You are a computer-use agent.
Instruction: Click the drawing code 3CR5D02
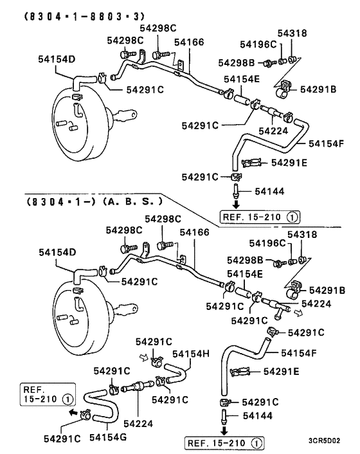[324, 441]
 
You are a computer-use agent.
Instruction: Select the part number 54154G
[107, 437]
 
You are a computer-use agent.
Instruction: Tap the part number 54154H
[191, 354]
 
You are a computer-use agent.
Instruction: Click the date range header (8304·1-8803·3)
[84, 16]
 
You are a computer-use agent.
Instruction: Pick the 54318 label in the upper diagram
[292, 33]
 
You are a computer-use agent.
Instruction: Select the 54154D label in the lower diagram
[57, 252]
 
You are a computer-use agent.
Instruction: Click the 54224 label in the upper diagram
[273, 131]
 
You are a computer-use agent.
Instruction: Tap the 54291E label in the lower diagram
[281, 372]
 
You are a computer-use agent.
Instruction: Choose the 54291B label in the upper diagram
[318, 89]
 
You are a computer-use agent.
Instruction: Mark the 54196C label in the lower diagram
[267, 243]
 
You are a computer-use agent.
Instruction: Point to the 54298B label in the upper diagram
[236, 63]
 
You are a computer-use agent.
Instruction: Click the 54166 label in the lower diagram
[194, 232]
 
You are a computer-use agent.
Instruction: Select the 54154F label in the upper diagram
[326, 143]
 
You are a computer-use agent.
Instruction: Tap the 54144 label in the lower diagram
[258, 416]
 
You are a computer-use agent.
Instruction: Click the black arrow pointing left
[73, 412]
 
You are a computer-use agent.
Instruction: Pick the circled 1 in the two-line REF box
[67, 399]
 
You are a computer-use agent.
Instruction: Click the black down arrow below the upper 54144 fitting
[237, 204]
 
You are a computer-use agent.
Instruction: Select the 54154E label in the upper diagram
[242, 79]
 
